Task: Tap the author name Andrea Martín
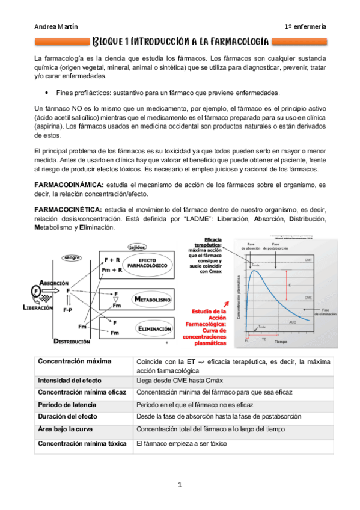(55, 26)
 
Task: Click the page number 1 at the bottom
(179, 484)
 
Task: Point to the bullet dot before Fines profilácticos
(46, 94)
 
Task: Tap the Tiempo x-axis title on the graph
(281, 341)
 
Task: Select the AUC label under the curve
(293, 322)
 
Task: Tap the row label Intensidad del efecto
(70, 381)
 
